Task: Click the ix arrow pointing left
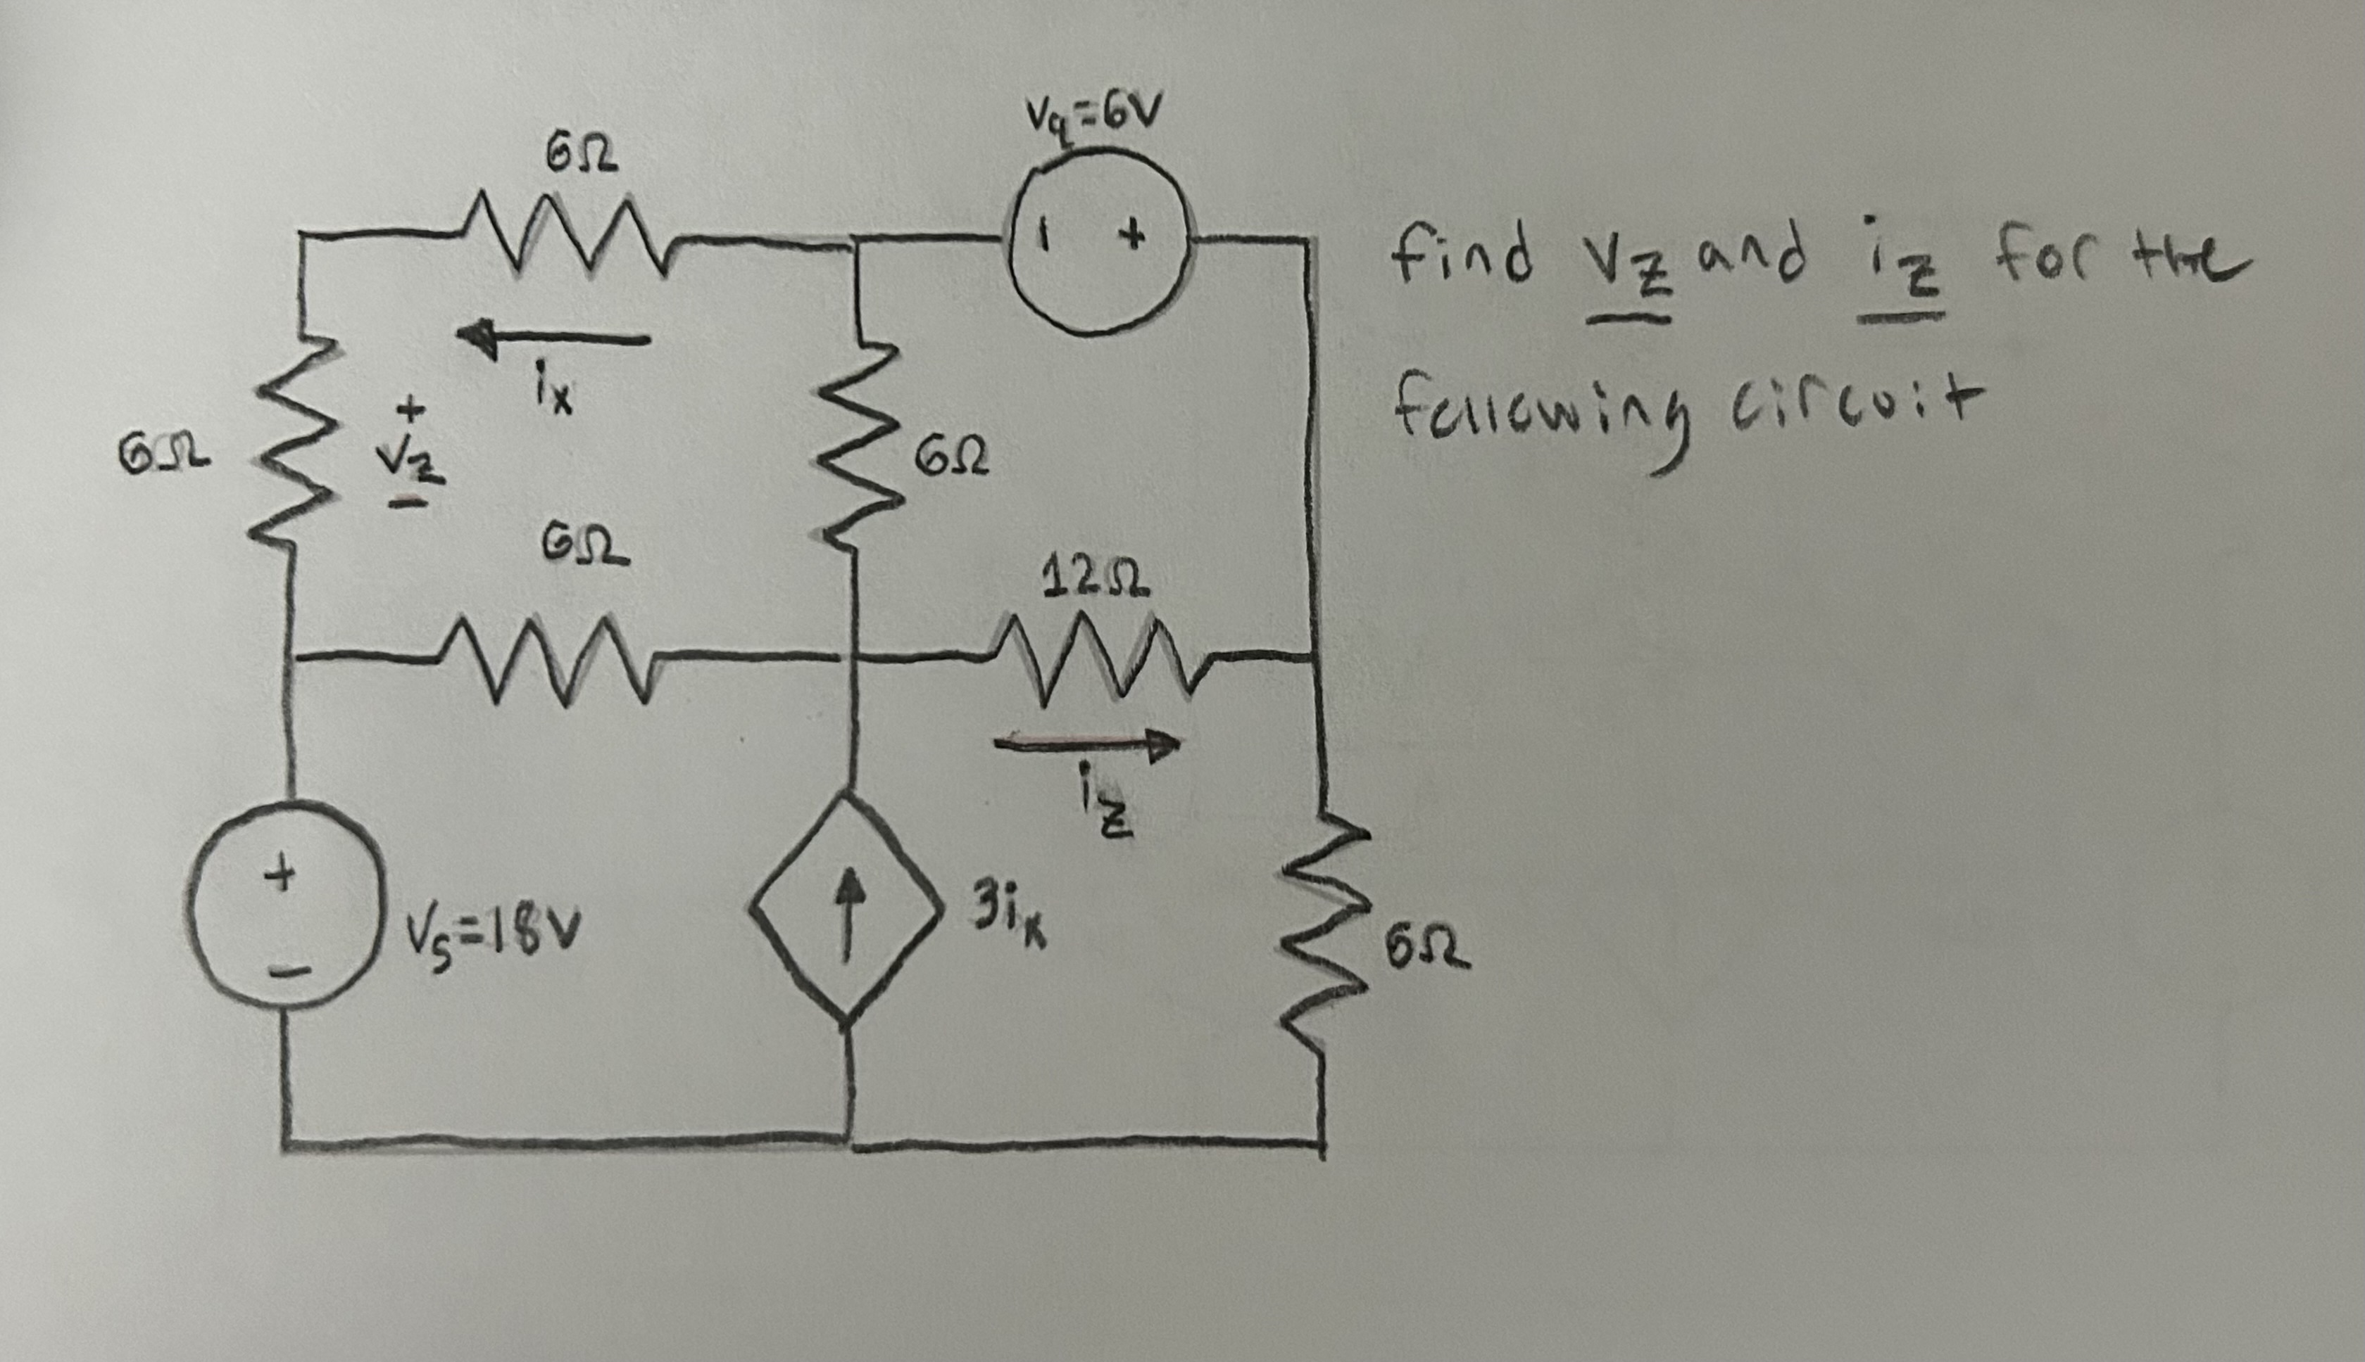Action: click(x=552, y=338)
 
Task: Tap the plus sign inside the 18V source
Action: click(x=279, y=877)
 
